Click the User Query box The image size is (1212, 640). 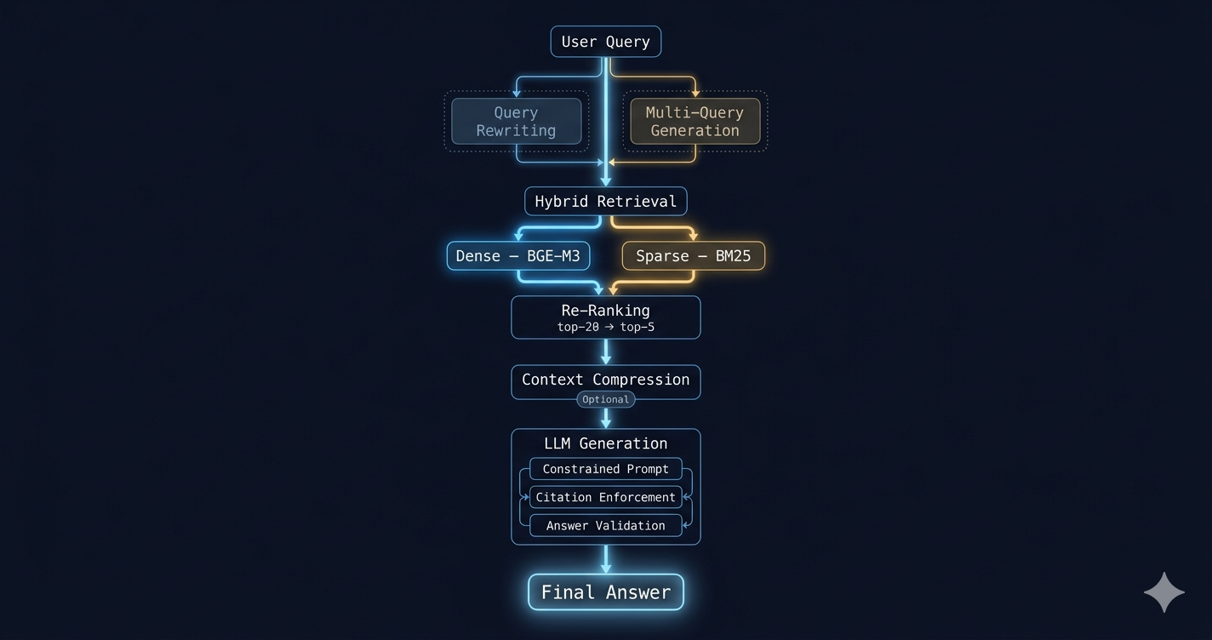(x=605, y=42)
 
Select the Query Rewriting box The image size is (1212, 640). (x=516, y=121)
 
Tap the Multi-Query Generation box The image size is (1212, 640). (x=695, y=121)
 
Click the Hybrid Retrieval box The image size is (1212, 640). (x=605, y=201)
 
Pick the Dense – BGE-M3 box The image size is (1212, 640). (x=517, y=256)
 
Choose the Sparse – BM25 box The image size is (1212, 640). (x=693, y=256)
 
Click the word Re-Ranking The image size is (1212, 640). (x=605, y=311)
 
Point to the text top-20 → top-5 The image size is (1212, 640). (x=605, y=327)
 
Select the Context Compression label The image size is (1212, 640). (x=605, y=380)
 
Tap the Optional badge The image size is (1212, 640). (x=605, y=399)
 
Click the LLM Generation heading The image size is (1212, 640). (x=605, y=443)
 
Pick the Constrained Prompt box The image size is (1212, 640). (x=605, y=469)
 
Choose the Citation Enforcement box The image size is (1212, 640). (x=605, y=497)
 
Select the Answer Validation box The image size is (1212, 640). (x=605, y=525)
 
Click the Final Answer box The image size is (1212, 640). (x=605, y=591)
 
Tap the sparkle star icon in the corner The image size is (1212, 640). (x=1163, y=592)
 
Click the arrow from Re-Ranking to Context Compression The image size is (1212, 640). (x=605, y=351)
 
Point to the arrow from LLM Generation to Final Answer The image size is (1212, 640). (x=605, y=559)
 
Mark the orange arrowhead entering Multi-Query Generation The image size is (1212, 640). (x=695, y=94)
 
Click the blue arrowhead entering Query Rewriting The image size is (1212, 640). (x=516, y=94)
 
